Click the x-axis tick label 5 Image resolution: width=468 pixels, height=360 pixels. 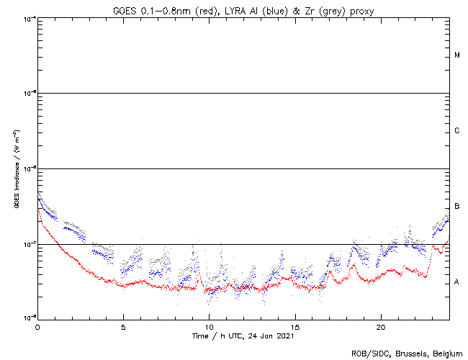point(123,326)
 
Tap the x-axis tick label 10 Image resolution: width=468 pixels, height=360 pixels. point(209,326)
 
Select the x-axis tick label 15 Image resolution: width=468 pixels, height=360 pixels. point(295,326)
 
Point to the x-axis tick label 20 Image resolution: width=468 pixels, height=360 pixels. point(381,326)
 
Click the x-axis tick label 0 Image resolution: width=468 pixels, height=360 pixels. point(37,326)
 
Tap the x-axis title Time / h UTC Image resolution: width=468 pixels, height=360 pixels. point(217,336)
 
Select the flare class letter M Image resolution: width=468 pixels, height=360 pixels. point(457,55)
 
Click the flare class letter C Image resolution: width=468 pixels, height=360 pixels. point(457,131)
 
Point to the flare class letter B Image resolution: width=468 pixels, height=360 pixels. point(457,207)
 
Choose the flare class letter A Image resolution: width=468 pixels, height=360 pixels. point(457,282)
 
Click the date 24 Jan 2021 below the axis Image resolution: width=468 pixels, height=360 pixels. point(271,336)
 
